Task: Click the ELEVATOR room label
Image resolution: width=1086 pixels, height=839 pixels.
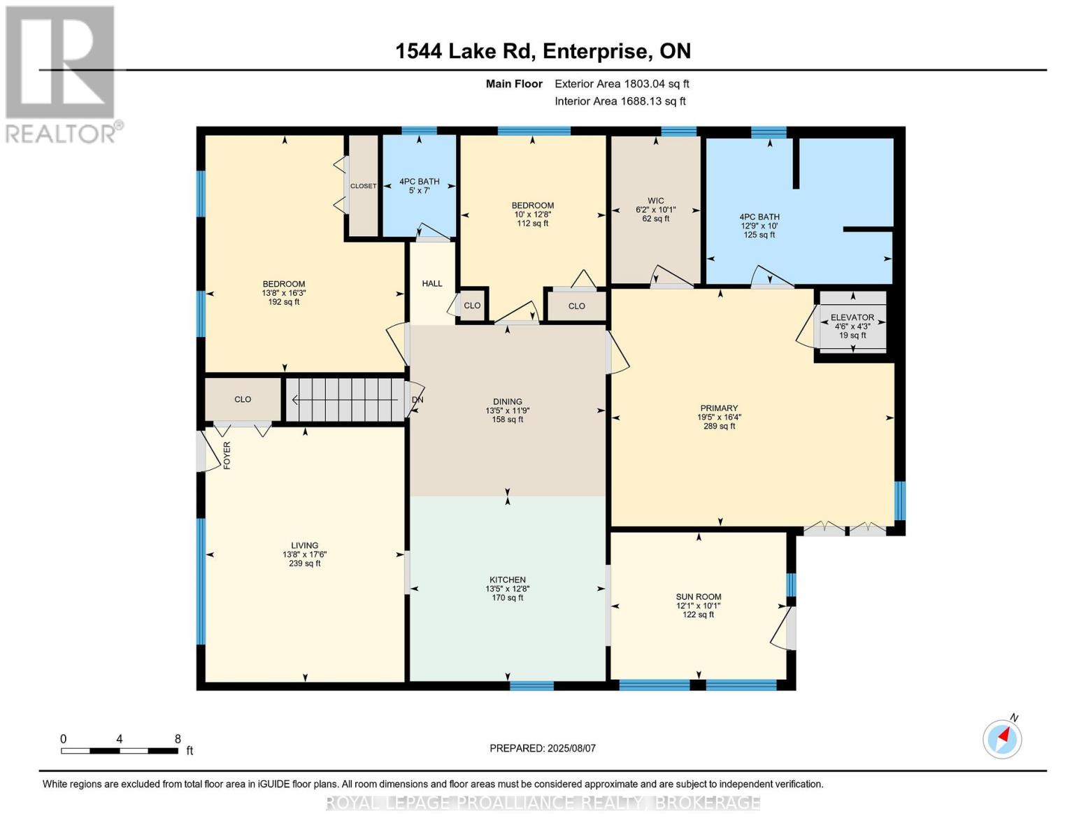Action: pyautogui.click(x=852, y=317)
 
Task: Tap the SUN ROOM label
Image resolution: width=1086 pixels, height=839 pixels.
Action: pyautogui.click(x=698, y=597)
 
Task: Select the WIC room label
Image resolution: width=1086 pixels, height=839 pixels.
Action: pyautogui.click(x=655, y=201)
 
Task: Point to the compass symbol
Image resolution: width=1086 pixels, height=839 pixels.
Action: pyautogui.click(x=1002, y=738)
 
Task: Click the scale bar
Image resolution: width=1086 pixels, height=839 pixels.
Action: pyautogui.click(x=119, y=751)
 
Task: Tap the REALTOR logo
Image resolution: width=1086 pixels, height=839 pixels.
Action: pyautogui.click(x=61, y=73)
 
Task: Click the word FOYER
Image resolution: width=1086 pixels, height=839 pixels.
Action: pyautogui.click(x=227, y=455)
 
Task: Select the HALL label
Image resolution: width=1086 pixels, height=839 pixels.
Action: pyautogui.click(x=432, y=283)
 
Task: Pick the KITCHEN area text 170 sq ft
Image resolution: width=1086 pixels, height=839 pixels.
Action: pyautogui.click(x=508, y=598)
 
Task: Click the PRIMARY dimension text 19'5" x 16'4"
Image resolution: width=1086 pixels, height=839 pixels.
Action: pyautogui.click(x=719, y=417)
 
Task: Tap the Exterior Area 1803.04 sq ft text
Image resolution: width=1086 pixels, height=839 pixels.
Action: pyautogui.click(x=622, y=84)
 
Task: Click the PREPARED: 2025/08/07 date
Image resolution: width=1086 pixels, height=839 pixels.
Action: pyautogui.click(x=543, y=748)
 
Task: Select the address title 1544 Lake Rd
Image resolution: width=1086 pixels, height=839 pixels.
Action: pyautogui.click(x=465, y=51)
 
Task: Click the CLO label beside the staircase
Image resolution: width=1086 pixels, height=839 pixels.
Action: pyautogui.click(x=243, y=399)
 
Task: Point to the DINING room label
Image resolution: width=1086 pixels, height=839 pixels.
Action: pyautogui.click(x=508, y=402)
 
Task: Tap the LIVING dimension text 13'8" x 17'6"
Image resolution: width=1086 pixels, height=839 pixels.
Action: pyautogui.click(x=304, y=554)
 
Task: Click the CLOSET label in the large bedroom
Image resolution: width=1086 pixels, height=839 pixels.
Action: pyautogui.click(x=363, y=186)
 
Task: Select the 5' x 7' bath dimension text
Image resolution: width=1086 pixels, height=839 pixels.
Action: pyautogui.click(x=420, y=190)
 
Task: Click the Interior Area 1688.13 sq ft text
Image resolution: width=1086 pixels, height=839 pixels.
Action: pyautogui.click(x=620, y=101)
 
